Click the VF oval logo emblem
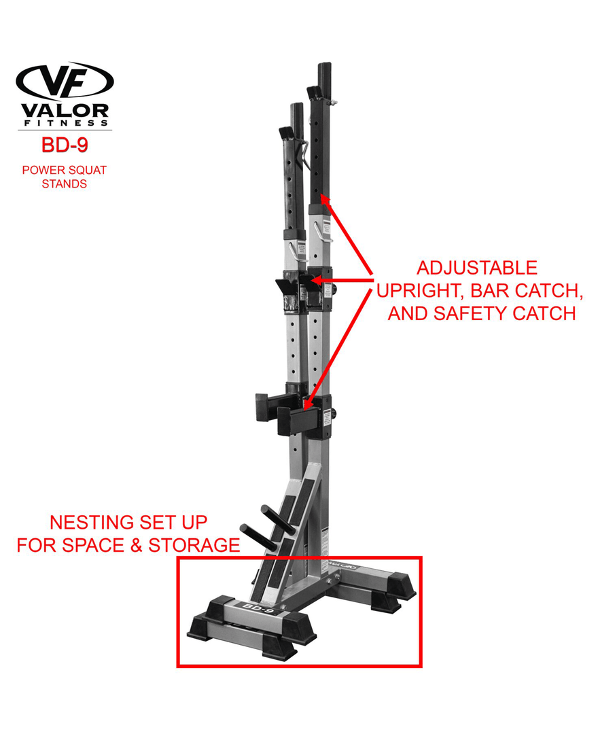(65, 80)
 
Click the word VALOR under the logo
(65, 111)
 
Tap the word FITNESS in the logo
(66, 123)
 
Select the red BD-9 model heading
(65, 145)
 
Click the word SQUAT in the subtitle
(86, 170)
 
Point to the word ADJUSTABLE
(477, 268)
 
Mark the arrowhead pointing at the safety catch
(307, 404)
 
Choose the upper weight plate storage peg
(278, 520)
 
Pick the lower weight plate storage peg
(258, 538)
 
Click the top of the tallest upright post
(324, 65)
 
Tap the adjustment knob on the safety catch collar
(334, 414)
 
